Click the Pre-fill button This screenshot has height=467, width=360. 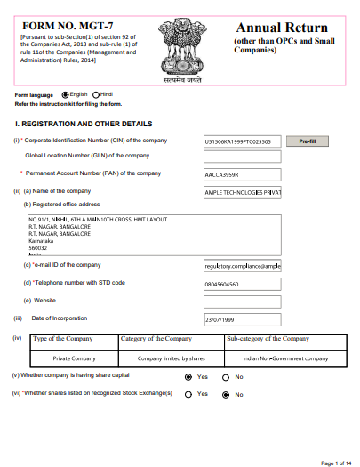pyautogui.click(x=308, y=141)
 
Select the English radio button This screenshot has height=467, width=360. pyautogui.click(x=65, y=94)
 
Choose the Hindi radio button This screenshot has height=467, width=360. pyautogui.click(x=96, y=94)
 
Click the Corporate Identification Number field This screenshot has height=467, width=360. pyautogui.click(x=242, y=141)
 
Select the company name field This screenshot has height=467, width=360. pyautogui.click(x=242, y=192)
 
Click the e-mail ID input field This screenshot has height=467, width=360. pyautogui.click(x=242, y=265)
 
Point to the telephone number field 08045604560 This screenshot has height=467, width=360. pyautogui.click(x=242, y=283)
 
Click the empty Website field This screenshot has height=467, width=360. pyautogui.click(x=242, y=301)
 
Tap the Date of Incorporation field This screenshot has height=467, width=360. pyautogui.click(x=242, y=318)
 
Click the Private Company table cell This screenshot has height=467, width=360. pyautogui.click(x=74, y=358)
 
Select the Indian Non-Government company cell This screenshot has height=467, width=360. pyautogui.click(x=284, y=358)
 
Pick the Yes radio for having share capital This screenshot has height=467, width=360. pyautogui.click(x=188, y=377)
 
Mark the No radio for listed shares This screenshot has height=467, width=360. pyautogui.click(x=227, y=394)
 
